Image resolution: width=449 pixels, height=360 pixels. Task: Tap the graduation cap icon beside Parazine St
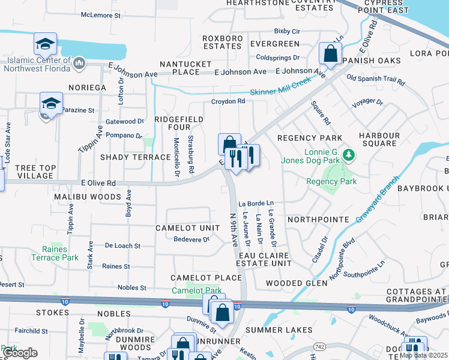(52, 103)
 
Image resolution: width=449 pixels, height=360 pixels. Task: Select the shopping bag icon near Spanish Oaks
(330, 55)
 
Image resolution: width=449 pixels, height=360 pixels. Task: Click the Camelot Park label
(197, 290)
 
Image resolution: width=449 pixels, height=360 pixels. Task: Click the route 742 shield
(319, 347)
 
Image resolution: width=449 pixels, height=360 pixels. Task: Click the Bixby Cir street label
(286, 31)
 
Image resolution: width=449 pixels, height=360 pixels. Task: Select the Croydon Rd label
(228, 101)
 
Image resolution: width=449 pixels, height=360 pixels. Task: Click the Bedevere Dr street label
(191, 239)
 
